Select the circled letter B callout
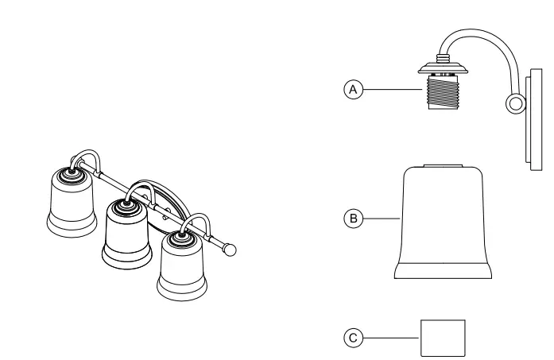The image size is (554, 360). pyautogui.click(x=350, y=215)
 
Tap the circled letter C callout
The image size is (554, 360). pyautogui.click(x=350, y=336)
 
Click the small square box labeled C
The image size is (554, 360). pyautogui.click(x=443, y=337)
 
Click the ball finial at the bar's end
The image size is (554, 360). pyautogui.click(x=231, y=250)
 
